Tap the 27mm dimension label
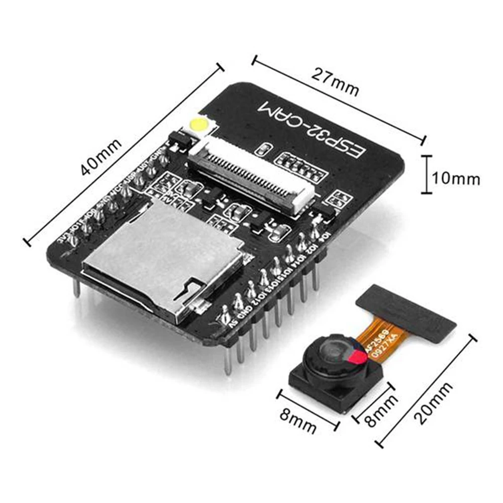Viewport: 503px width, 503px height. tap(335, 83)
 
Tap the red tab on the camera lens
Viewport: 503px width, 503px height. tap(357, 358)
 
